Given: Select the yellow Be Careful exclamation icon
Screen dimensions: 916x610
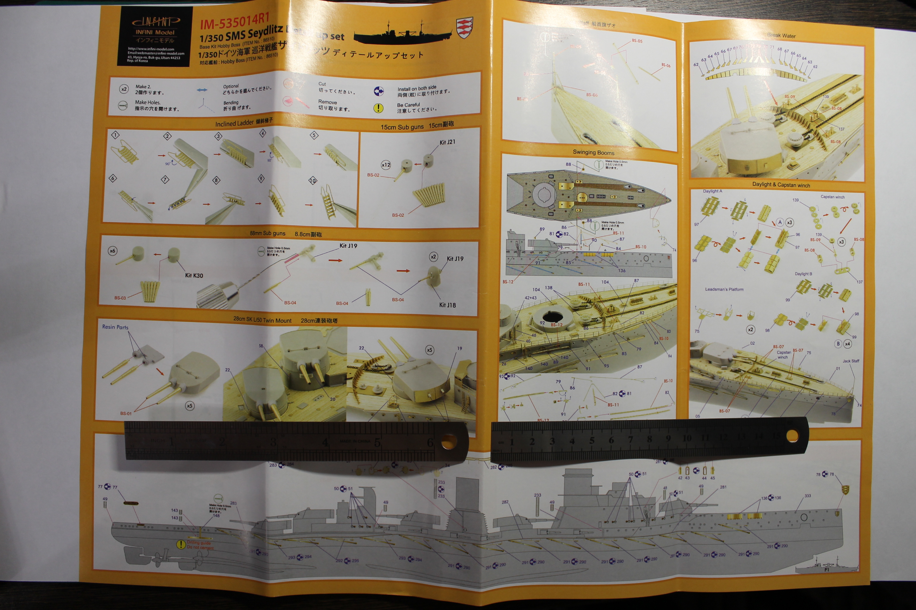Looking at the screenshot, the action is pos(378,108).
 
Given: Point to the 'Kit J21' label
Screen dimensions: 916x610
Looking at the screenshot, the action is pos(447,142).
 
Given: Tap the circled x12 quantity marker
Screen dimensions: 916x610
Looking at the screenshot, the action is pos(385,165).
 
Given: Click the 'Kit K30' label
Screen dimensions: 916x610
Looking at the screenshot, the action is pos(194,275).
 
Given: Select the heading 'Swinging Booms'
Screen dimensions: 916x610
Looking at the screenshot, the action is pos(593,152).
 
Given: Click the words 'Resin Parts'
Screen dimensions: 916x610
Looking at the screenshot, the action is pos(115,327).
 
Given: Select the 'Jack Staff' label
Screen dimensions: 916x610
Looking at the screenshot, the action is pos(851,361).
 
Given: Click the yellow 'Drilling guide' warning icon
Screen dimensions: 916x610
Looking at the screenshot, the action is pos(181,544).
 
